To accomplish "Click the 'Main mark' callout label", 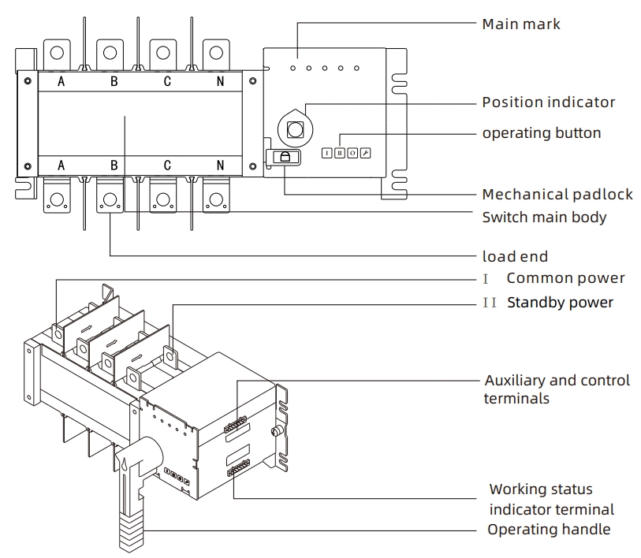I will coord(521,24).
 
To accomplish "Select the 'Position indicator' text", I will coord(548,102).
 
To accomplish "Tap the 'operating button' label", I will coord(541,133).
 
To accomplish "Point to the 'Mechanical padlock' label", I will coord(557,195).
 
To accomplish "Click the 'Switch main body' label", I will coord(544,217).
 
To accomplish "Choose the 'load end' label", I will coord(514,257).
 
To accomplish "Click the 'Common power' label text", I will coord(565,278).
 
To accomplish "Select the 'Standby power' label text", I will coord(560,303).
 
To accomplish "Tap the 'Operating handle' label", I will coord(549,530).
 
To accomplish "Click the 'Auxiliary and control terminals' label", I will coord(557,389).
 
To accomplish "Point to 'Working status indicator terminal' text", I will coord(551,500).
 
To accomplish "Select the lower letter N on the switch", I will coord(220,166).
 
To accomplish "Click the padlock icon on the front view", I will coord(285,157).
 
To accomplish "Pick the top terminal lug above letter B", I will coord(110,54).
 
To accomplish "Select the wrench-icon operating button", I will coord(365,153).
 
